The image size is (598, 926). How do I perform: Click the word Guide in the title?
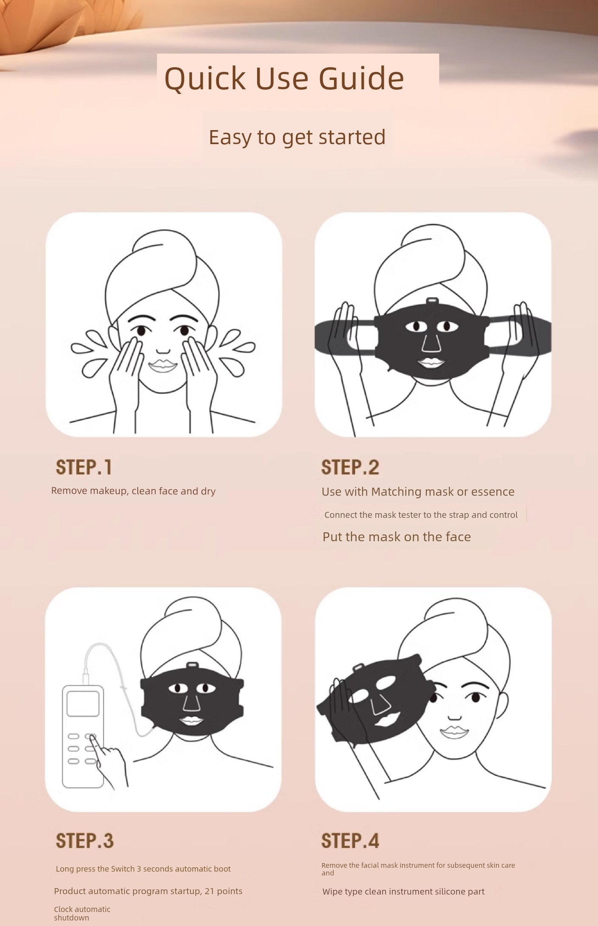click(x=361, y=79)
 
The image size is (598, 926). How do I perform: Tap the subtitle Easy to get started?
click(x=297, y=137)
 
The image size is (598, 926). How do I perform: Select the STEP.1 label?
click(x=84, y=467)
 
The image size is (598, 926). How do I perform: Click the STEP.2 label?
click(x=350, y=467)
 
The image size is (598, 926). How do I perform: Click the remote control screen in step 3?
click(x=83, y=704)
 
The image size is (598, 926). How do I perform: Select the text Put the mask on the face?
click(x=396, y=537)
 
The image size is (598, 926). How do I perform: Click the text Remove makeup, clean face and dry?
click(x=133, y=491)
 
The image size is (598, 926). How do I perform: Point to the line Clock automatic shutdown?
click(x=82, y=913)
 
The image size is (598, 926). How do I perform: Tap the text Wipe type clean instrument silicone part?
click(x=403, y=892)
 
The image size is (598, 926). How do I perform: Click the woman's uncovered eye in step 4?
click(x=475, y=698)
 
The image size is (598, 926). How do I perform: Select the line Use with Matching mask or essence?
click(x=418, y=491)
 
